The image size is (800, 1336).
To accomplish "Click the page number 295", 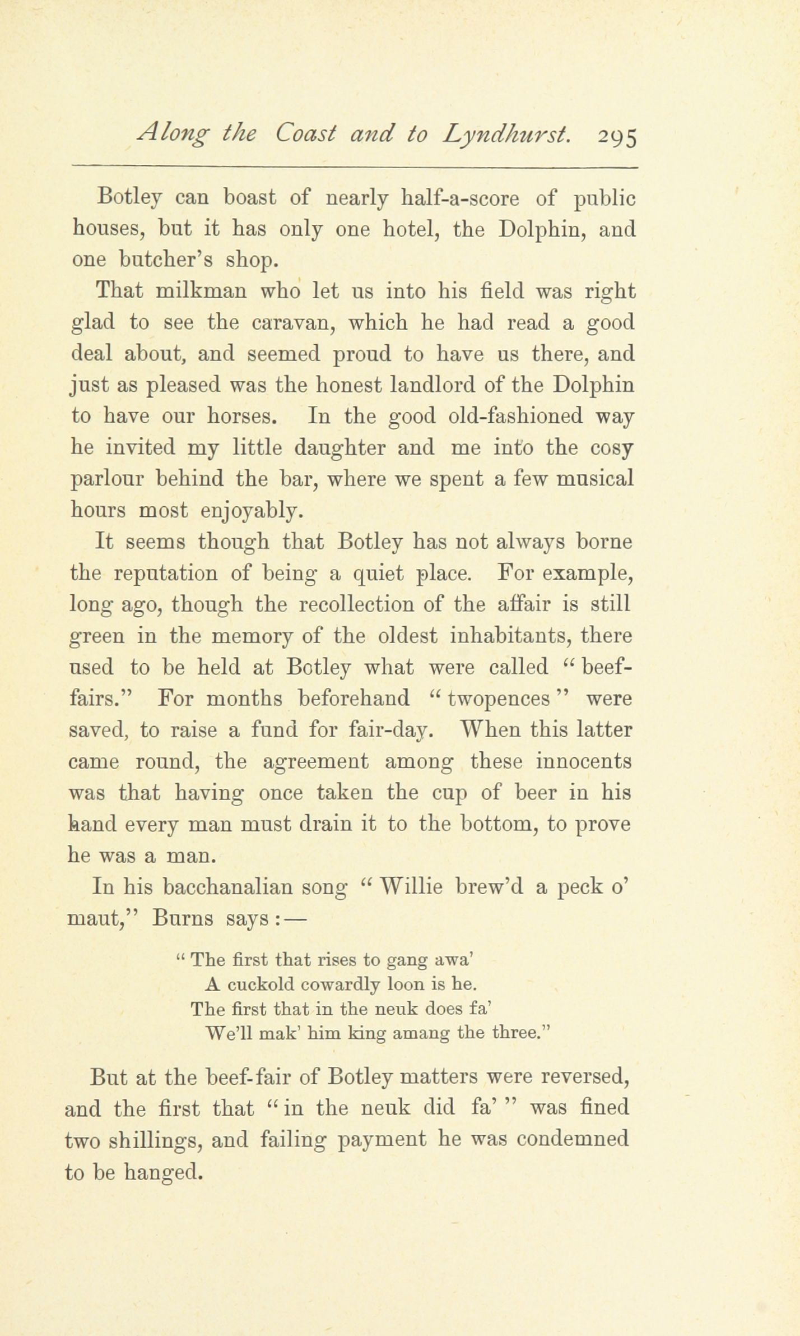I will coord(617,137).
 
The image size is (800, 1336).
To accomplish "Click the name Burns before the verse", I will coord(182,919).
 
